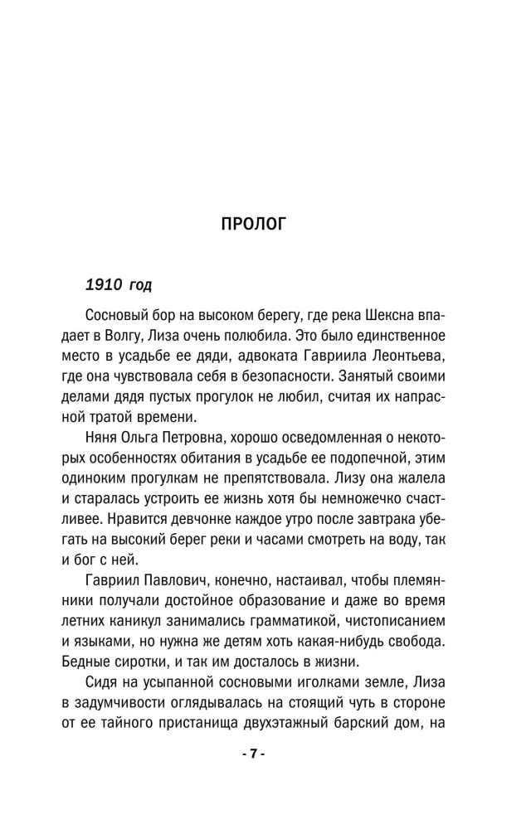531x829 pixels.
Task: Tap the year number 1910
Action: pos(104,285)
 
